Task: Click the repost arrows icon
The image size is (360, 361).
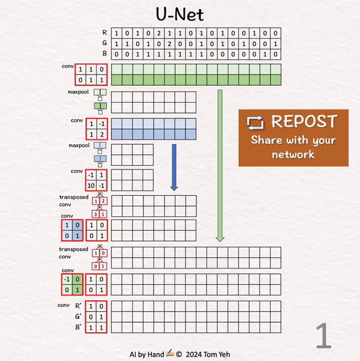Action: (256, 123)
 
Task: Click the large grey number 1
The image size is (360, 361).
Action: (323, 337)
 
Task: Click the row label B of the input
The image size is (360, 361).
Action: (106, 55)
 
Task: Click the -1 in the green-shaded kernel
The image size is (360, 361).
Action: (67, 279)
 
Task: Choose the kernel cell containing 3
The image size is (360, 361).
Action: (95, 214)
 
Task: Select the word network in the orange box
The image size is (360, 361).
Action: (293, 154)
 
